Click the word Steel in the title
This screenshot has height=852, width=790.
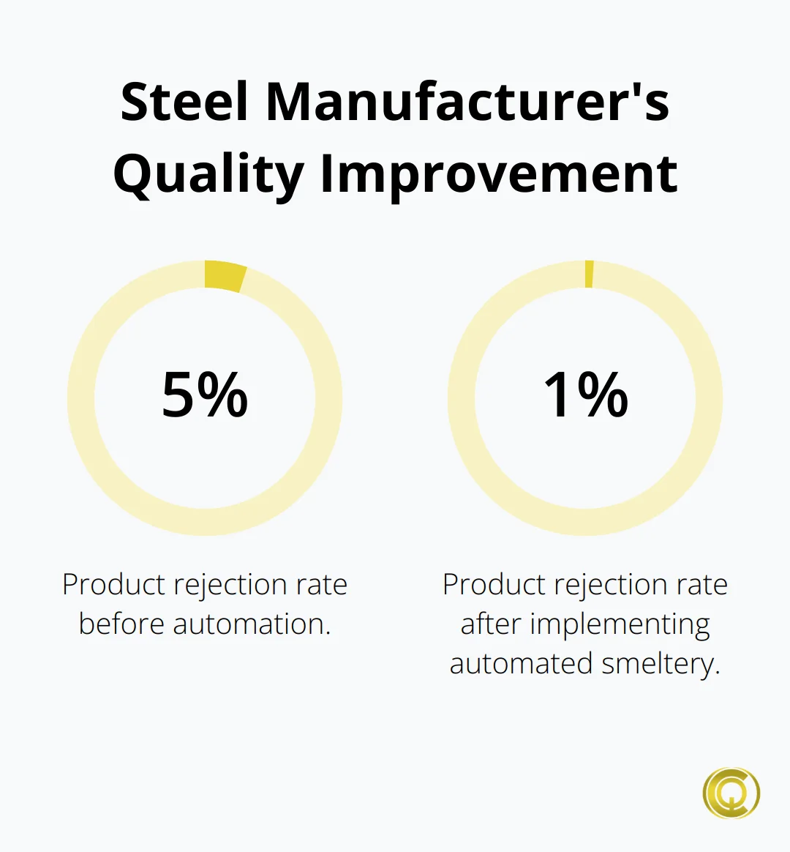[184, 102]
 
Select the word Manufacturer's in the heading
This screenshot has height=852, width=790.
[468, 102]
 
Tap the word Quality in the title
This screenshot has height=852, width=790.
[208, 175]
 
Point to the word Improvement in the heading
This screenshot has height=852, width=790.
[499, 173]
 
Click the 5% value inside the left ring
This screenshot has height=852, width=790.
[205, 395]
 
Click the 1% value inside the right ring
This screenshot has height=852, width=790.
[586, 395]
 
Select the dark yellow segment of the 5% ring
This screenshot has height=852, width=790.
[225, 276]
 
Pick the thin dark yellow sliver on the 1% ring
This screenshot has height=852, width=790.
[589, 274]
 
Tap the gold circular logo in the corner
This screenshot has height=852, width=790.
[731, 793]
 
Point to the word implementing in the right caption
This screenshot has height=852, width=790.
[620, 625]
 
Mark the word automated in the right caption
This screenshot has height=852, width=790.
[521, 663]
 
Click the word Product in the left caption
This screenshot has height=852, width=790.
[113, 584]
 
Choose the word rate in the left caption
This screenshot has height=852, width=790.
[321, 586]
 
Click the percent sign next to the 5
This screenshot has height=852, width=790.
[222, 395]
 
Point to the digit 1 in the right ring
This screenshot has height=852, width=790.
[557, 395]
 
